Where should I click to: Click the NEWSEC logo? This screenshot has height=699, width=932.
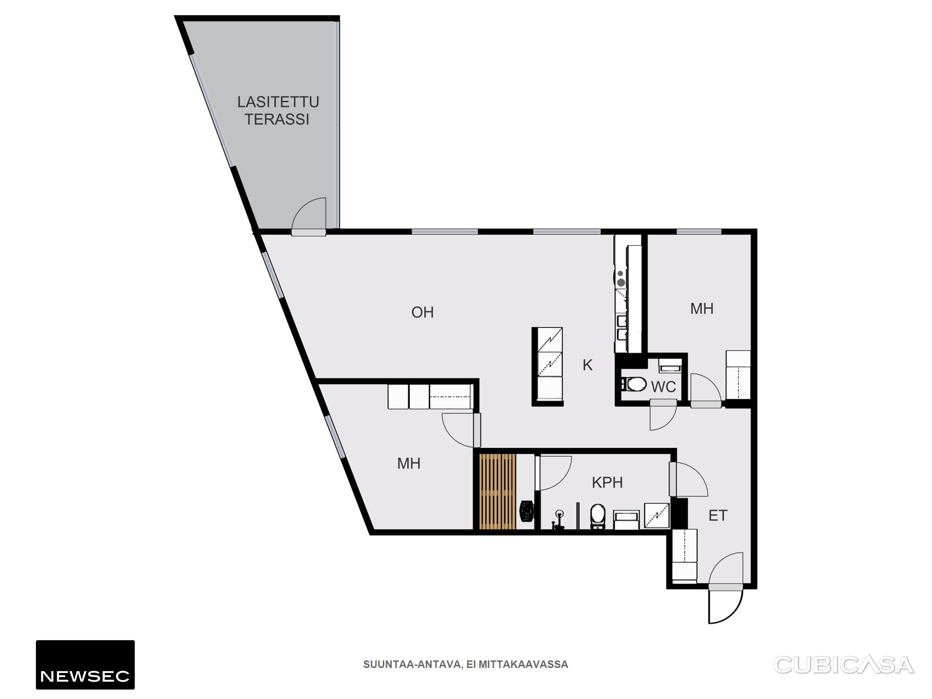click(85, 665)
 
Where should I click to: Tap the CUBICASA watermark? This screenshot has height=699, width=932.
click(844, 665)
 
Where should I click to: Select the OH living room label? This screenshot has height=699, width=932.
click(423, 312)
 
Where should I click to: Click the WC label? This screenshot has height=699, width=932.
click(664, 387)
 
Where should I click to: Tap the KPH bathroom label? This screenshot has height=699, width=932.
click(607, 482)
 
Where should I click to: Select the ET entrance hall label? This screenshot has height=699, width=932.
click(718, 515)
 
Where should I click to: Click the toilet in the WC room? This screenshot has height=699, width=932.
click(634, 384)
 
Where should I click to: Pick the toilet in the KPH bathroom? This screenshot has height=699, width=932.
click(597, 516)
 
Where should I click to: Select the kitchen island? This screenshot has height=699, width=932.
click(548, 367)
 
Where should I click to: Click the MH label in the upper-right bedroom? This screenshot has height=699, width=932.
click(702, 309)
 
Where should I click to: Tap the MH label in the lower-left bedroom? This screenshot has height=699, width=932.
click(409, 463)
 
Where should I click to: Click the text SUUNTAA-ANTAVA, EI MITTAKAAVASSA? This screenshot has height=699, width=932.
click(466, 665)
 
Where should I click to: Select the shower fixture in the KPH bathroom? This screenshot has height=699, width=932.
click(559, 519)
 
